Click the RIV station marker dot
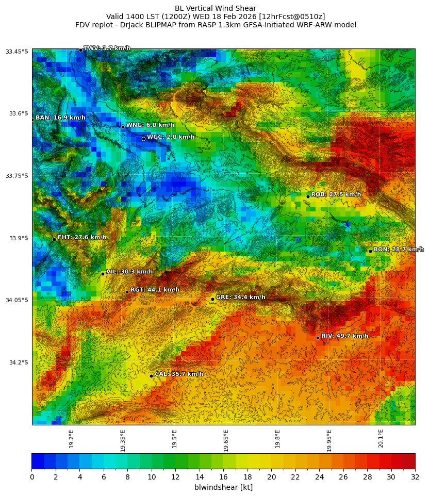coord(318,338)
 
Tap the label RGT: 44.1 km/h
coord(155,290)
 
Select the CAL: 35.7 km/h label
coord(179,374)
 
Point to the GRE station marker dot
coord(212,299)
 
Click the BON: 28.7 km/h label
coord(399,249)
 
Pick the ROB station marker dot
coord(308,196)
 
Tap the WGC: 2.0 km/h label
coord(171,137)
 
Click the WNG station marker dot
coord(123,127)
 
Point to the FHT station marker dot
coord(54,239)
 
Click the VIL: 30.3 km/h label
coord(129,272)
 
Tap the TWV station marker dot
coord(80,50)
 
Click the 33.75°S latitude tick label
coord(17,176)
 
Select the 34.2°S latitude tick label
coord(19,362)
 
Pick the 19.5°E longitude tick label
coord(174,438)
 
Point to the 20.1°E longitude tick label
coord(381,438)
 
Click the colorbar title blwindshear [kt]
coord(223,487)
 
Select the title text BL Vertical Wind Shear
coord(216,8)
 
